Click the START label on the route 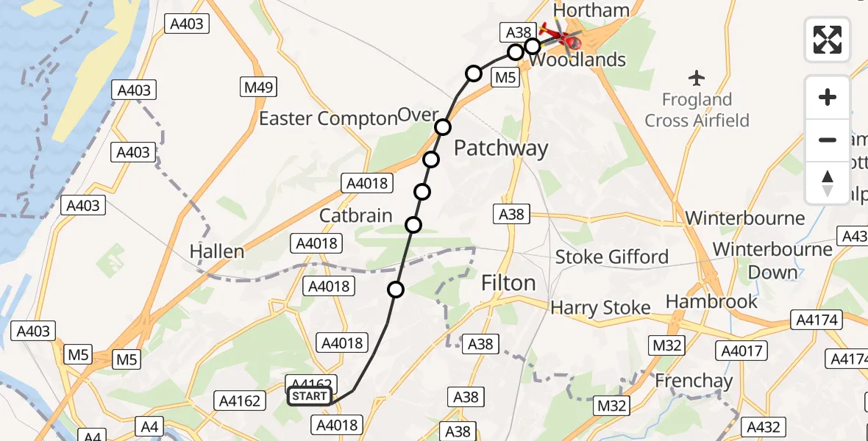[310, 397]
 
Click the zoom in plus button [828, 97]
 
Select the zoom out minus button [828, 140]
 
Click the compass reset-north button [828, 182]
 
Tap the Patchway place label [501, 148]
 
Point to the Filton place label [508, 283]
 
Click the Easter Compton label [327, 118]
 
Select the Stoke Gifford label [611, 257]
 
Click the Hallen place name [216, 251]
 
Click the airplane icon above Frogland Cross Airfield [697, 76]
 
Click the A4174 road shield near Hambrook [813, 320]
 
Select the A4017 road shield [741, 351]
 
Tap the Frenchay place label [694, 381]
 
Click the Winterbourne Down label [772, 260]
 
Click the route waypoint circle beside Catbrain [414, 224]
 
